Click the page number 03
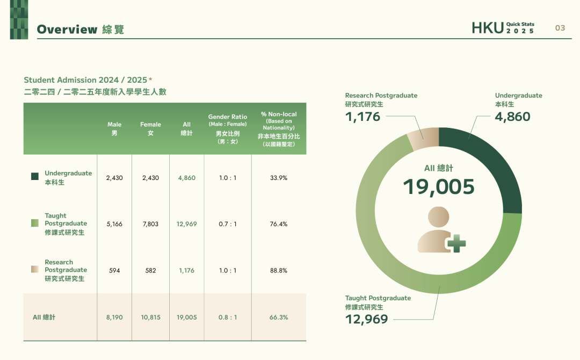click(560, 28)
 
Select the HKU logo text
click(488, 28)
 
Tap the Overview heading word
click(67, 29)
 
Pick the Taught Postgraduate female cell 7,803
click(150, 224)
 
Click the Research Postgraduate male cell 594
click(114, 270)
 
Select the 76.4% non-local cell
click(279, 224)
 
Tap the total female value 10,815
click(150, 317)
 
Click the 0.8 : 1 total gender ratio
click(228, 317)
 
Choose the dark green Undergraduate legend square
click(35, 176)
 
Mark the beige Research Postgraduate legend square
click(35, 269)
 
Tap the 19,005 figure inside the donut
click(439, 186)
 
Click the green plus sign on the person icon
click(456, 243)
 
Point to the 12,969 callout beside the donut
click(367, 319)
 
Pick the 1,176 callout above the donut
click(363, 117)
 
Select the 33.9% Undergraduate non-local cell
click(279, 178)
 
